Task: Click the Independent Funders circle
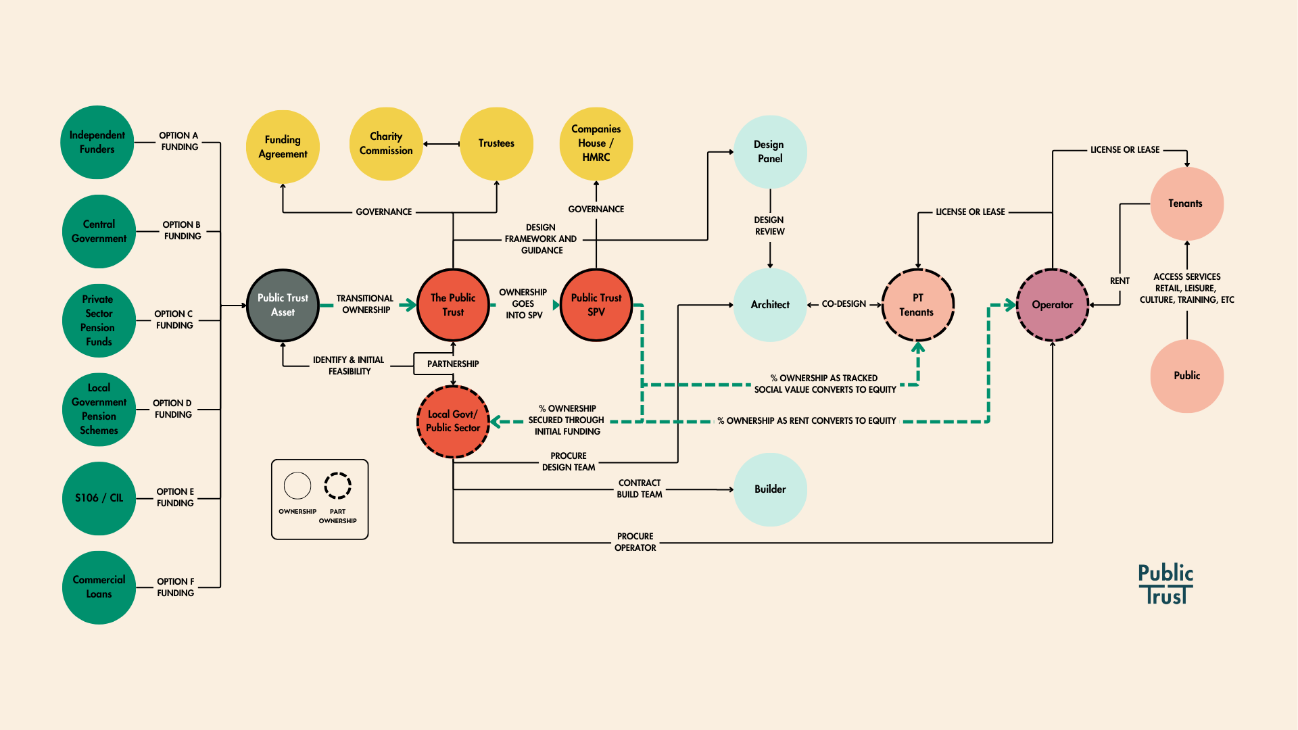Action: (97, 143)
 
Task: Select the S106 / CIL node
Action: (99, 498)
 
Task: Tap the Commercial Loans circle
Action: (99, 587)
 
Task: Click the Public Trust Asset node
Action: (283, 305)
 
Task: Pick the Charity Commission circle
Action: (386, 143)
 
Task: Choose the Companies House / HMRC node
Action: (596, 143)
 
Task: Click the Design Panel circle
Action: (770, 151)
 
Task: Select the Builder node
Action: (770, 489)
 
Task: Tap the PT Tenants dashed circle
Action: (917, 305)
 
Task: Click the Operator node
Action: (1052, 305)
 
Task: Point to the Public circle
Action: (1186, 376)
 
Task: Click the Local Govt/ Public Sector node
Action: (453, 421)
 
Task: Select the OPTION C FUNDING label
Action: (174, 320)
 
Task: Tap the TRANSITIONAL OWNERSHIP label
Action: (365, 304)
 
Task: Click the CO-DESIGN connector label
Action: (844, 304)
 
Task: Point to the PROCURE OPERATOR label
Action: (635, 542)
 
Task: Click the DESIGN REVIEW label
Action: (769, 226)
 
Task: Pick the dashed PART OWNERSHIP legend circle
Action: (337, 485)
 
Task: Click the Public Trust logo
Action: (1165, 584)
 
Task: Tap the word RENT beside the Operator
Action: (1120, 281)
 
